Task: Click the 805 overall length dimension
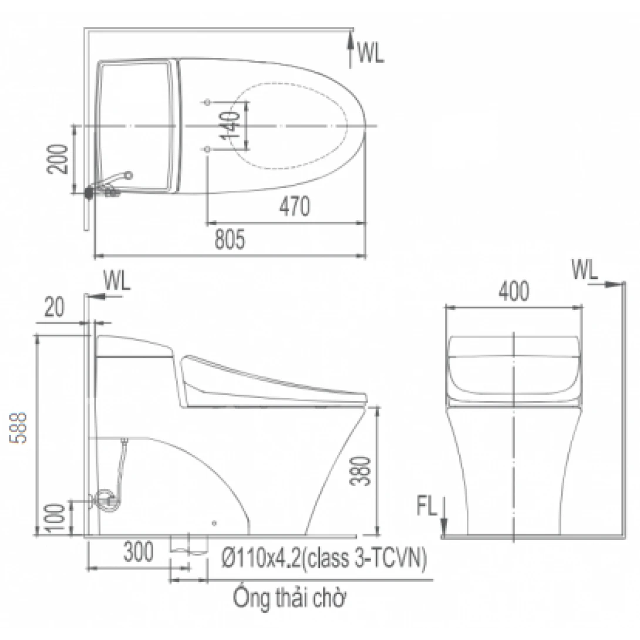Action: (228, 240)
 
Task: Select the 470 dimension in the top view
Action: (294, 206)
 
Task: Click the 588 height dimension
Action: (21, 427)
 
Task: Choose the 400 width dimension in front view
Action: (514, 291)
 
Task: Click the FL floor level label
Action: (427, 507)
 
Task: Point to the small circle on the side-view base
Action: (214, 523)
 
